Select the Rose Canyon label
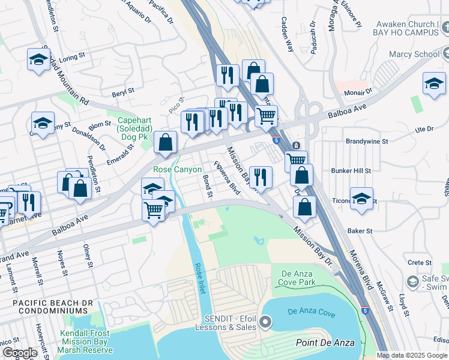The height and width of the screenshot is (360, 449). point(178,170)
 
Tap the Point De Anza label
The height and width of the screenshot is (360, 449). point(325,343)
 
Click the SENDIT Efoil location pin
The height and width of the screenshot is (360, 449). point(265,324)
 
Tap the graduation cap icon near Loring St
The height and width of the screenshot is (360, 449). point(39,59)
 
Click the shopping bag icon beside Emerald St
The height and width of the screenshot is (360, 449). point(166,143)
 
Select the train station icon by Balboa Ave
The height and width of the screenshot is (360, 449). point(296,146)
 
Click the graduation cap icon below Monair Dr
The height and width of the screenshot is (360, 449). point(434,83)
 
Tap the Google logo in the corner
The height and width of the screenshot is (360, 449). point(20,353)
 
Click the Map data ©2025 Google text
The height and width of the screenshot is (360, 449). point(412,355)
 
